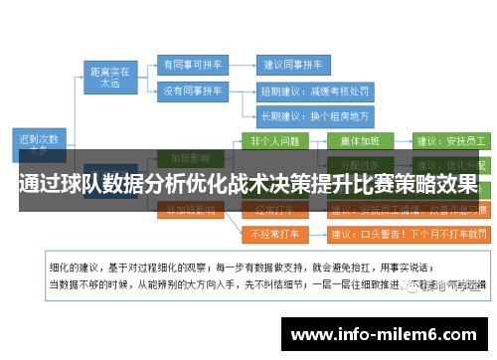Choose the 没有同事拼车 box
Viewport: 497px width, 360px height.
click(190, 90)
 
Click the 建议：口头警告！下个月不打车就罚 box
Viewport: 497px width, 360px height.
click(408, 235)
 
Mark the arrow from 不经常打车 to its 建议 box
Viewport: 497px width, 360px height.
click(314, 235)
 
